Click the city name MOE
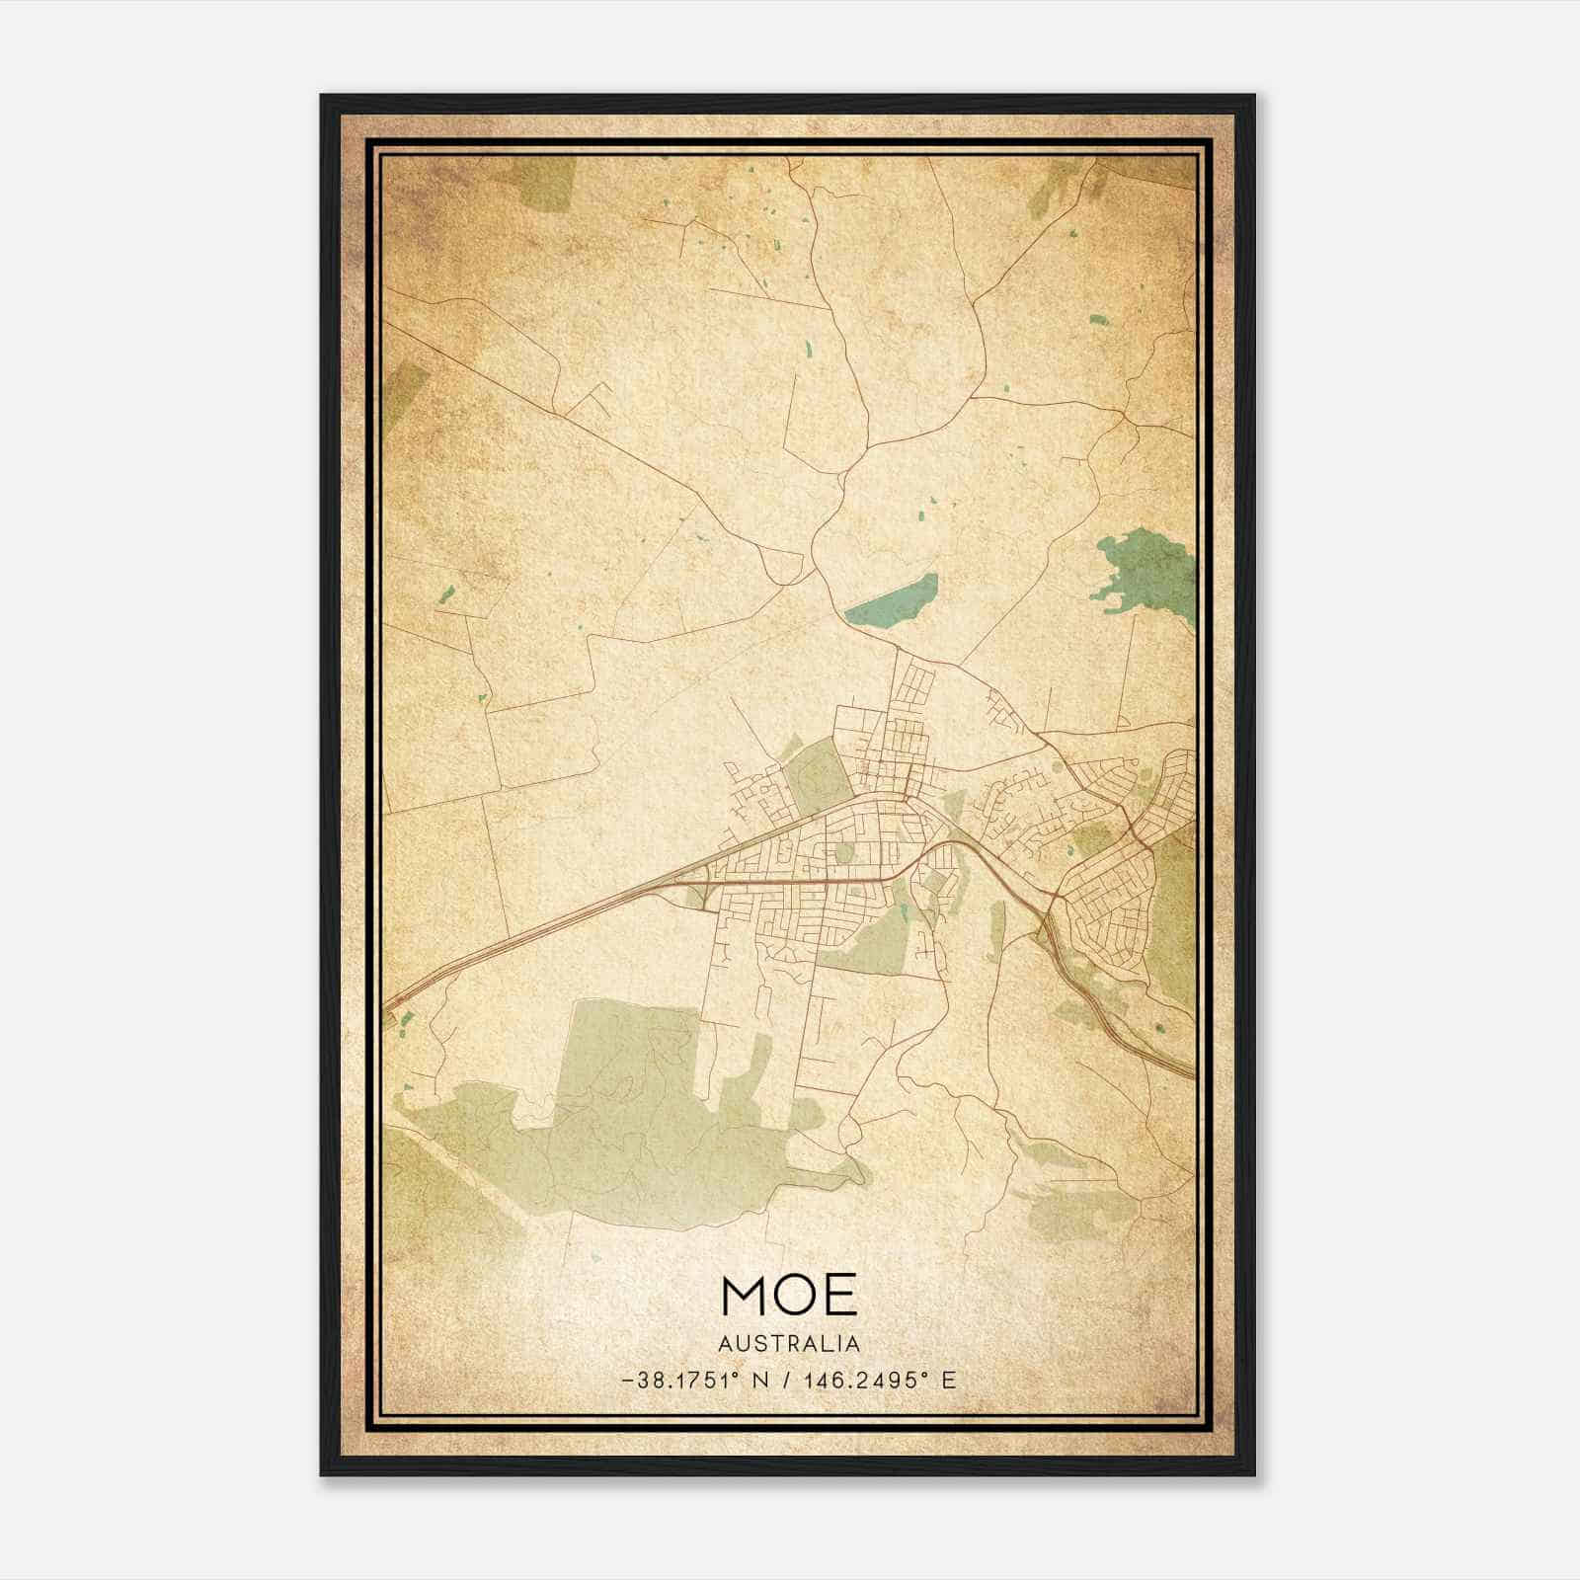click(789, 1295)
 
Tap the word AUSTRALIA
click(789, 1343)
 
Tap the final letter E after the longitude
click(948, 1381)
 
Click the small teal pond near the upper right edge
click(1098, 320)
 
